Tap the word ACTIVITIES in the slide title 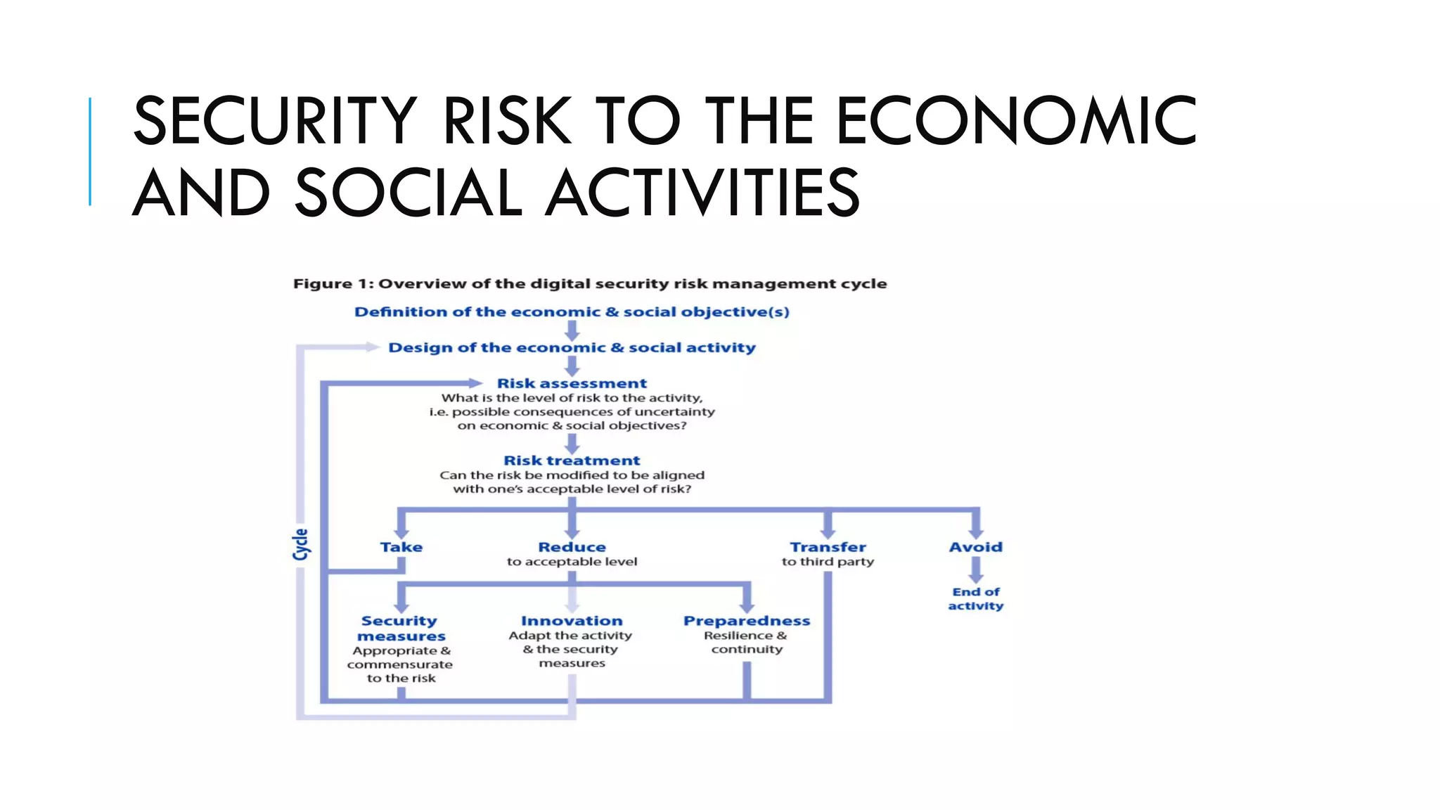coord(702,193)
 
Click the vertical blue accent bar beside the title coord(90,151)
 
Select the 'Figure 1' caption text coord(589,284)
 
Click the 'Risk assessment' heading coord(572,384)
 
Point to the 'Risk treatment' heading coord(572,461)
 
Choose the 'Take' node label coord(401,547)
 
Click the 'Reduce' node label coord(572,547)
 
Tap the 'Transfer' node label coord(828,547)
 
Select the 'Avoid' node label coord(975,547)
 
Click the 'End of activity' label coord(975,599)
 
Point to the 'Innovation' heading coord(572,621)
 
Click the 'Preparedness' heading coord(747,621)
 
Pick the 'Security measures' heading coord(401,629)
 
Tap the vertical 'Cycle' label coord(301,544)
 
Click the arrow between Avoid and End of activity coord(976,570)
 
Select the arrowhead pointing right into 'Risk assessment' coord(475,383)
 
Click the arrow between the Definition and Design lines coord(572,330)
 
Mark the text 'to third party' coord(828,562)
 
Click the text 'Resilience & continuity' coord(746,643)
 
